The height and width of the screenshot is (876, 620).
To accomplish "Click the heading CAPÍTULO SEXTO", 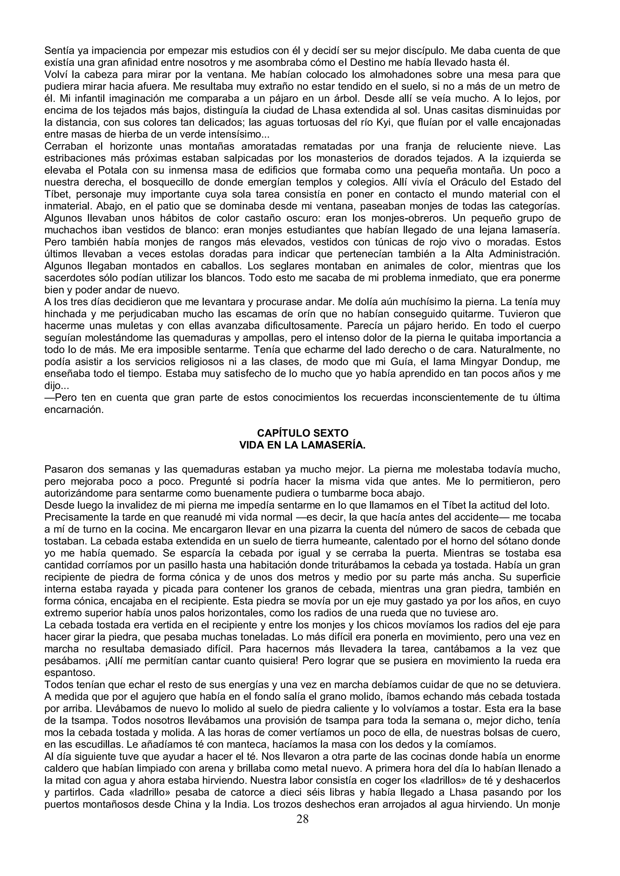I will click(302, 433).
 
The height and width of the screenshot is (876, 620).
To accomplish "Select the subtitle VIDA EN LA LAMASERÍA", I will click(302, 445).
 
